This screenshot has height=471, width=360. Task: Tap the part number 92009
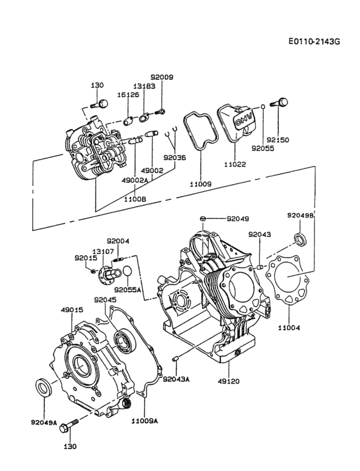pos(162,77)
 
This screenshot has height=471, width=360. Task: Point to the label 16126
pos(128,94)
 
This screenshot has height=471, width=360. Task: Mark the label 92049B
pos(300,216)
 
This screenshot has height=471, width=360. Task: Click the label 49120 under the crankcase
pos(228,381)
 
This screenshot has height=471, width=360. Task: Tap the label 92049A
pos(44,423)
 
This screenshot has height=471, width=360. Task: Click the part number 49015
pos(72,309)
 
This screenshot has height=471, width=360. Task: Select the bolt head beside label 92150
pos(281,102)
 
